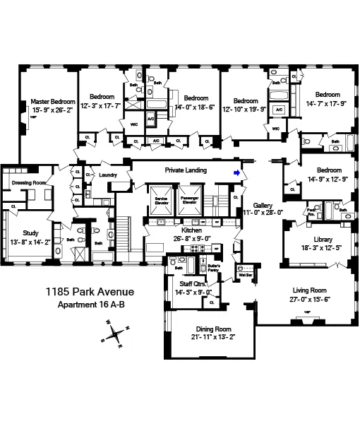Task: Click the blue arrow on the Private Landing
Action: pyautogui.click(x=238, y=172)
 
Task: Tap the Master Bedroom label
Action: pyautogui.click(x=53, y=102)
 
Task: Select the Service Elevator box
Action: pyautogui.click(x=160, y=201)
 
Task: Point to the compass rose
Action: pyautogui.click(x=116, y=334)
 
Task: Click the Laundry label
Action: pyautogui.click(x=108, y=175)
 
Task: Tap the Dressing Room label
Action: pyautogui.click(x=29, y=182)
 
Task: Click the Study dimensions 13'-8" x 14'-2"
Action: pyautogui.click(x=30, y=242)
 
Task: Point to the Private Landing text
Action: pyautogui.click(x=186, y=170)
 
